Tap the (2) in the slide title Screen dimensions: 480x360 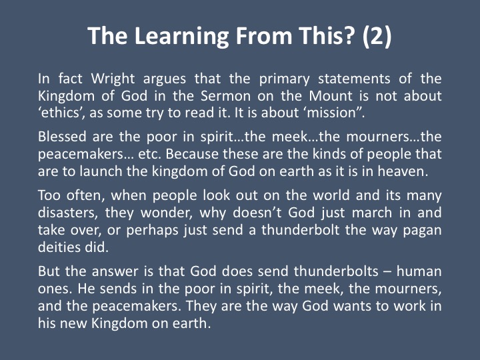coord(377,36)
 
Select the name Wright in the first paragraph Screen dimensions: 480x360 coord(113,79)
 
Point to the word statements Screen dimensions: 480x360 coord(354,79)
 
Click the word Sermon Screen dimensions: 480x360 coord(226,96)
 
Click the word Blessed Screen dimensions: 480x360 coord(62,137)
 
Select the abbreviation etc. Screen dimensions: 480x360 coord(149,154)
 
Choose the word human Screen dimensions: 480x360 coord(419,271)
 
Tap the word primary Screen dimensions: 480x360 coord(285,79)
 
